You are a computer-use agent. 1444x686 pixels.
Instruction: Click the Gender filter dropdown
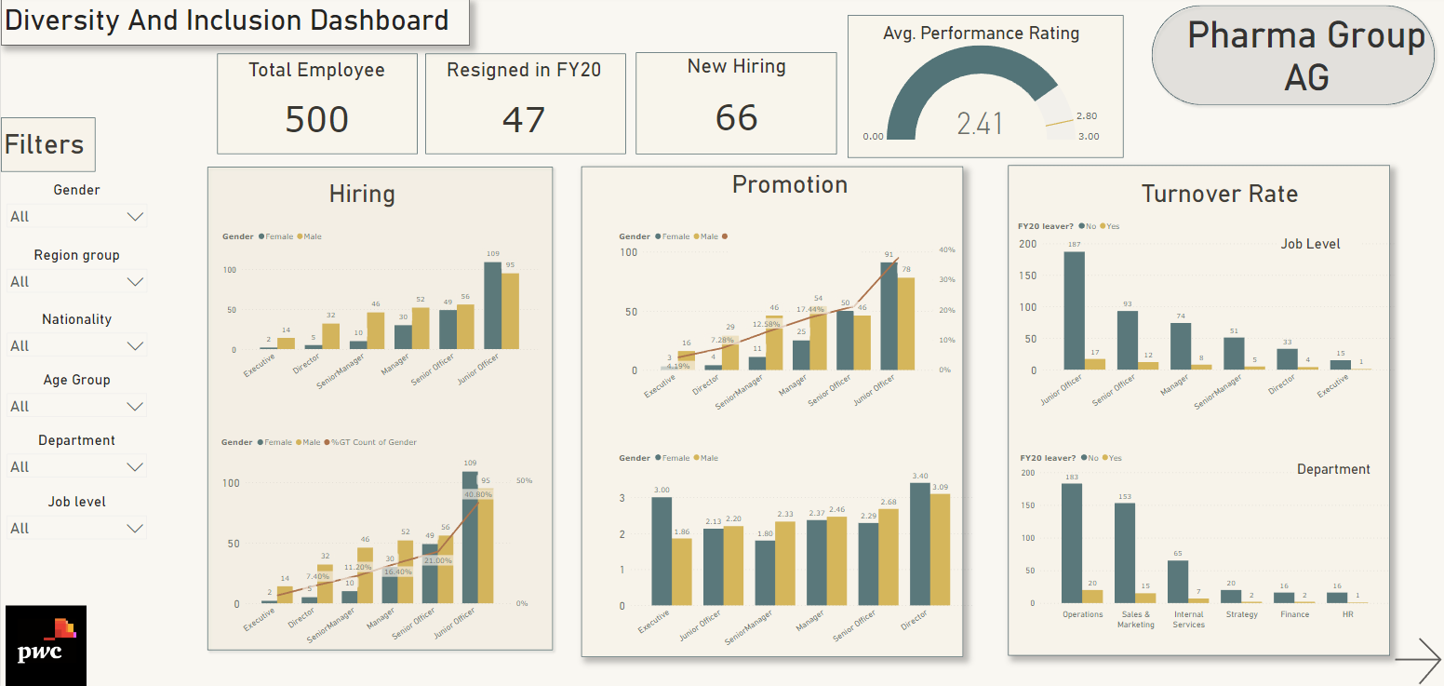pyautogui.click(x=76, y=217)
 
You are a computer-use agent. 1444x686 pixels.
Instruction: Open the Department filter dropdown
pyautogui.click(x=76, y=467)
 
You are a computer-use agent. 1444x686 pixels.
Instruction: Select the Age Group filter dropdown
pyautogui.click(x=76, y=407)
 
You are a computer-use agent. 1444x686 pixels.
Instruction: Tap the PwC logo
pyautogui.click(x=46, y=646)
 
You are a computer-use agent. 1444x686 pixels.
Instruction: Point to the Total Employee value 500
pyautogui.click(x=316, y=120)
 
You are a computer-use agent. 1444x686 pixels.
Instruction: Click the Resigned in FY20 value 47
pyautogui.click(x=524, y=120)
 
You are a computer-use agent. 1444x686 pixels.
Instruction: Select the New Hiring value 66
pyautogui.click(x=736, y=118)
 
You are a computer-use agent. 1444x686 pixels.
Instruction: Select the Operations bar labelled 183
pyautogui.click(x=1072, y=543)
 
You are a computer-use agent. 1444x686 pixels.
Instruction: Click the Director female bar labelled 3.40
pyautogui.click(x=919, y=545)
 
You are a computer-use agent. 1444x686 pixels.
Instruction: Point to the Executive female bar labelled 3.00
pyautogui.click(x=662, y=551)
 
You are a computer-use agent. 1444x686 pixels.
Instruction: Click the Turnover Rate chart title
pyautogui.click(x=1219, y=194)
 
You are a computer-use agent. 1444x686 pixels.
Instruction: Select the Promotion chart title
pyautogui.click(x=789, y=184)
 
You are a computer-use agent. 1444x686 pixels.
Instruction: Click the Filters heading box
pyautogui.click(x=47, y=144)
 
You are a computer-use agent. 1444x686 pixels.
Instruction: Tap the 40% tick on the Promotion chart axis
pyautogui.click(x=946, y=250)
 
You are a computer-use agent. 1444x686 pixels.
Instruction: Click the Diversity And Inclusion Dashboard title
pyautogui.click(x=228, y=20)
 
